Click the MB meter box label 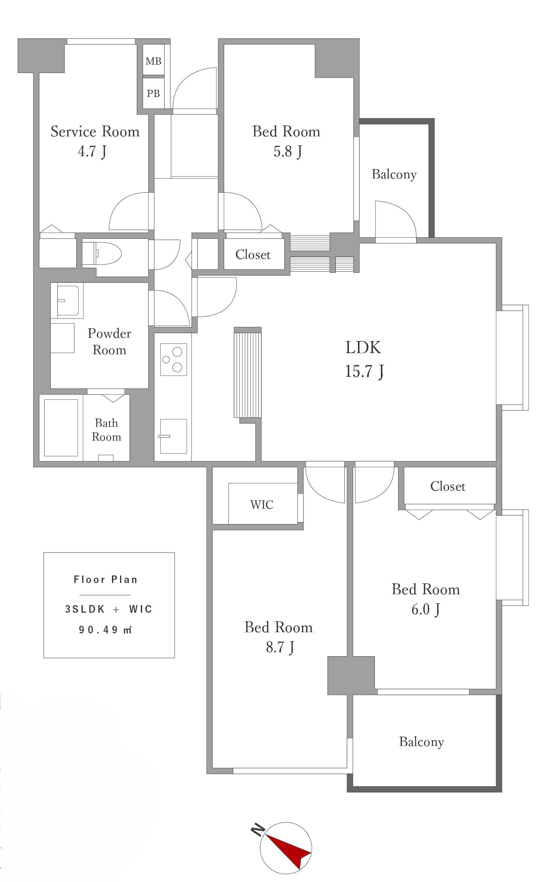click(153, 61)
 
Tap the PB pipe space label click(153, 93)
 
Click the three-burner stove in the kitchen click(174, 359)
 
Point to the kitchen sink click(174, 436)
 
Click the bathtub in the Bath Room click(61, 427)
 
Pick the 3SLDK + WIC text click(109, 609)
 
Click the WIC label click(262, 504)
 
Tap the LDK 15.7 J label click(364, 359)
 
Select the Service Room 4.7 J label click(95, 141)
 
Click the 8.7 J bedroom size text click(280, 647)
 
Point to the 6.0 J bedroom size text click(426, 609)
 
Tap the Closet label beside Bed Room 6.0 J click(448, 486)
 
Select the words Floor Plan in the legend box click(106, 580)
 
